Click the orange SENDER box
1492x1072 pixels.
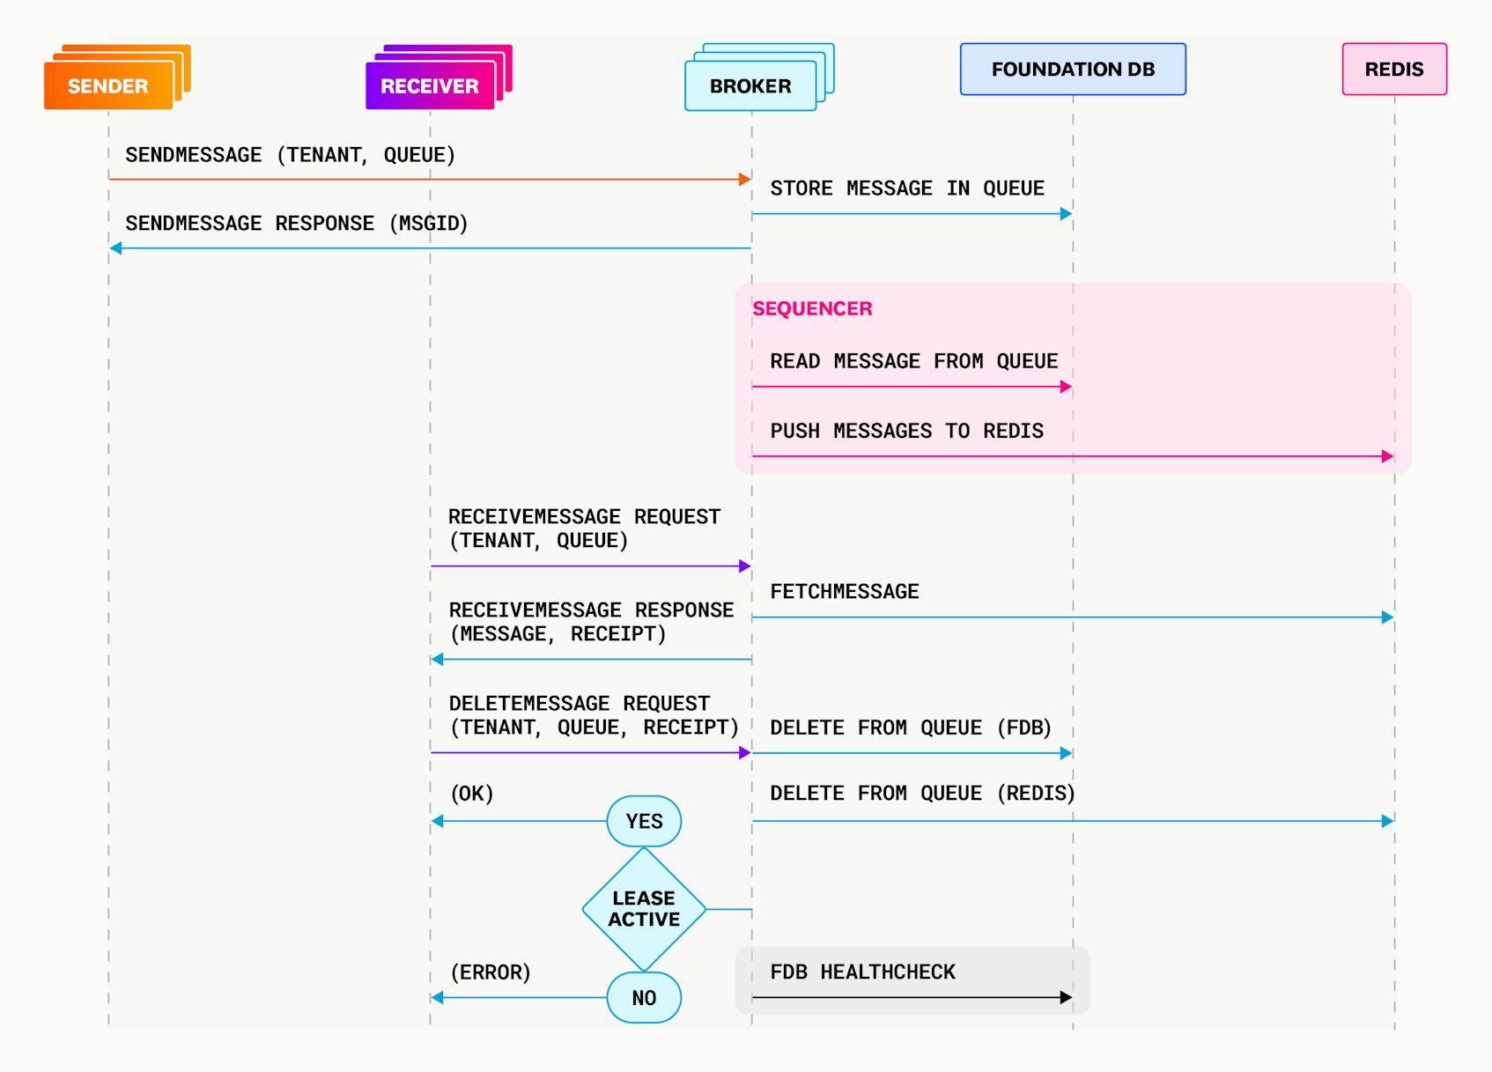(x=108, y=85)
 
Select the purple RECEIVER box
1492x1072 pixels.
(x=430, y=85)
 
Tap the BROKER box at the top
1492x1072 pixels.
(x=750, y=85)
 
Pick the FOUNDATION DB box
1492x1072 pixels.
(x=1073, y=69)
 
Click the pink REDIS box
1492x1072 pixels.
(x=1394, y=69)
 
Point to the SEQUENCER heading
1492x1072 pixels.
(x=812, y=308)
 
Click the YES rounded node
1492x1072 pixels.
(x=644, y=821)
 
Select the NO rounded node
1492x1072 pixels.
(x=644, y=997)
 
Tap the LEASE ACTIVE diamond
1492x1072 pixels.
(x=644, y=909)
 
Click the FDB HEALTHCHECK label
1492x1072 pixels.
(x=862, y=972)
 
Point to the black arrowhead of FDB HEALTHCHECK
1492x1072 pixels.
(x=1066, y=997)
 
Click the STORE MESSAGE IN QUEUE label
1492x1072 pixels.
(x=907, y=189)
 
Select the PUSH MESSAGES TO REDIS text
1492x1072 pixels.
(x=906, y=431)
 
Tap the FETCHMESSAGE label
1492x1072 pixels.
(x=844, y=591)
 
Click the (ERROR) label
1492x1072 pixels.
(x=491, y=972)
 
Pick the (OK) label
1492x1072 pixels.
(x=472, y=794)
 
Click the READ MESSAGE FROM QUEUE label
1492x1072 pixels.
(x=913, y=361)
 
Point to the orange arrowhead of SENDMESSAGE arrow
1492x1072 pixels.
(x=744, y=179)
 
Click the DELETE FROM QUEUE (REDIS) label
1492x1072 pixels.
(x=922, y=793)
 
